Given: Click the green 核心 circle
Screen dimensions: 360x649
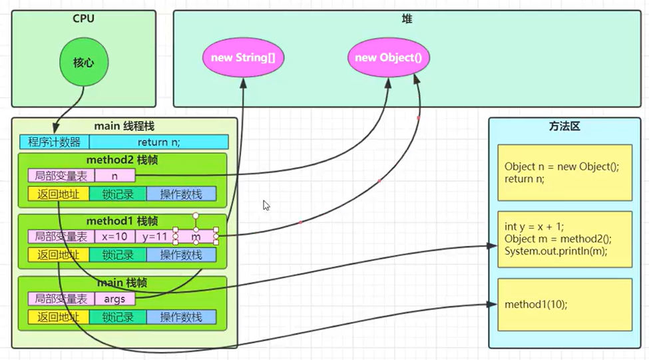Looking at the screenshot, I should [x=85, y=63].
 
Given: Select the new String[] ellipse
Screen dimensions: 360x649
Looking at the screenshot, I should [x=243, y=57].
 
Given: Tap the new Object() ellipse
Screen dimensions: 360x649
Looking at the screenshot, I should [x=388, y=57].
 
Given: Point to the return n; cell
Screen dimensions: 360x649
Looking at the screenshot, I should [x=158, y=142].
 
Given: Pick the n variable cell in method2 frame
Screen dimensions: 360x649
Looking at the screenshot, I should [x=115, y=176].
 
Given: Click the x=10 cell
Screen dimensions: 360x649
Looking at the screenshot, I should [x=115, y=236].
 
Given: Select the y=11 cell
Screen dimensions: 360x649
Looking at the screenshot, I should [x=154, y=236].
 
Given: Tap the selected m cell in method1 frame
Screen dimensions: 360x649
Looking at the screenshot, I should [x=196, y=236].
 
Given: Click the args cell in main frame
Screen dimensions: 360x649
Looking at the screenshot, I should [x=115, y=299].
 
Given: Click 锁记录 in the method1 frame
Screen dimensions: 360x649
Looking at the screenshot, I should [x=118, y=254].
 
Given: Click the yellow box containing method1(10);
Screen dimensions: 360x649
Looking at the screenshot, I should [x=564, y=304].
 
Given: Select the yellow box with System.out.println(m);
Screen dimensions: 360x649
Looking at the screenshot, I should [x=564, y=240].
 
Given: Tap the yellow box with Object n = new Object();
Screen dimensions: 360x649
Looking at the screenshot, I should [x=564, y=172].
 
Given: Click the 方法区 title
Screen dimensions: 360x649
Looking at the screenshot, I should [x=565, y=126].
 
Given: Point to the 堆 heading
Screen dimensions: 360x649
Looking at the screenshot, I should [x=407, y=19].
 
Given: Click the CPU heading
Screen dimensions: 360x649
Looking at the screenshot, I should [x=84, y=19].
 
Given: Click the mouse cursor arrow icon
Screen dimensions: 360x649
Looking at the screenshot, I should [x=266, y=206].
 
